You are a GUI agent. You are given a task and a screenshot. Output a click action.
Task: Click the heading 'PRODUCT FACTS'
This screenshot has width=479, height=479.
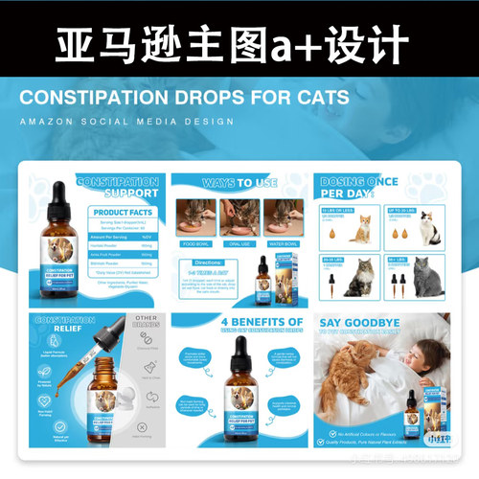click(x=124, y=213)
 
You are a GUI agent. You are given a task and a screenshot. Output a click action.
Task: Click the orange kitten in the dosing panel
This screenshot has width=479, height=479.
click(x=365, y=227)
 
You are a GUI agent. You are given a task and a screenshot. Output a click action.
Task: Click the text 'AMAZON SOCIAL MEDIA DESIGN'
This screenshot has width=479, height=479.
click(x=126, y=122)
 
